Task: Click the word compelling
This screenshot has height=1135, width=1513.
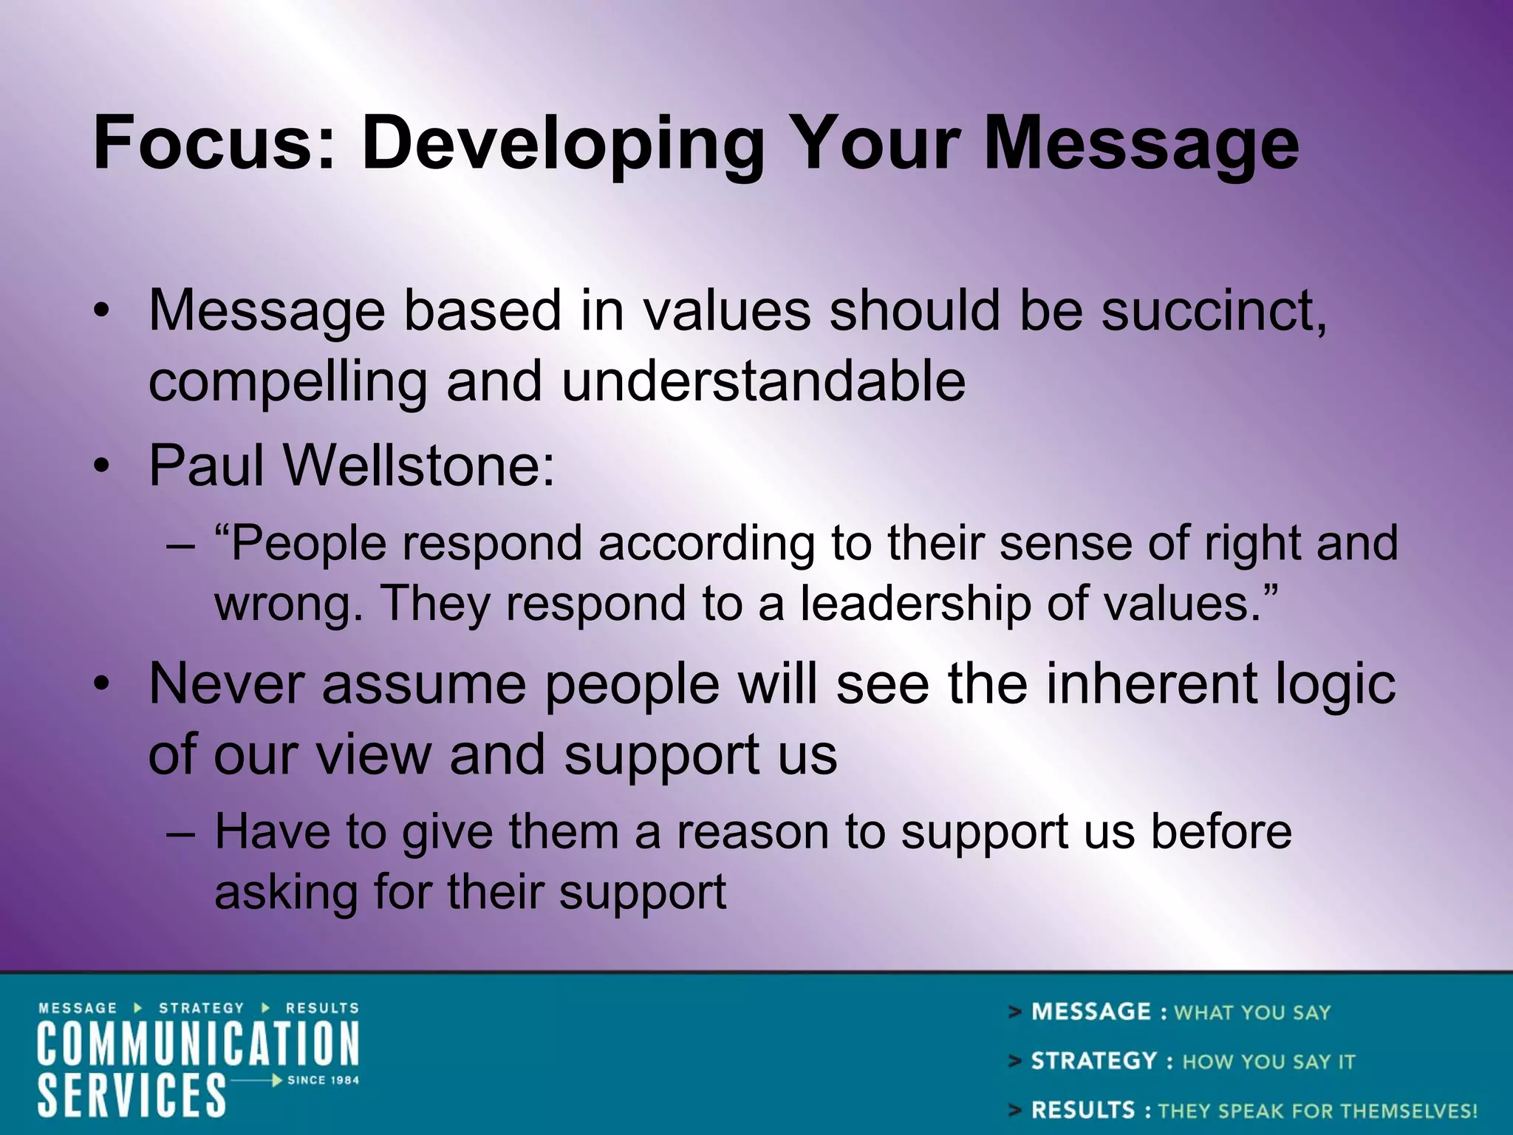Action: [287, 383]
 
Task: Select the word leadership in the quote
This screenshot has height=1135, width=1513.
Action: [915, 603]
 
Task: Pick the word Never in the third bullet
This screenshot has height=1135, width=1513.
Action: [226, 684]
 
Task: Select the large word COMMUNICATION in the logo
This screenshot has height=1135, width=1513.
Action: [198, 1043]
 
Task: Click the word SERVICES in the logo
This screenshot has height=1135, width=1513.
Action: [132, 1095]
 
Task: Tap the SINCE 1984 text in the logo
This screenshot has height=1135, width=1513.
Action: [323, 1080]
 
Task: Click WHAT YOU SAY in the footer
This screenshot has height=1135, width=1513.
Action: [1252, 1012]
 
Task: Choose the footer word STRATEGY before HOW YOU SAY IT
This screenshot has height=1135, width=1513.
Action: [1093, 1061]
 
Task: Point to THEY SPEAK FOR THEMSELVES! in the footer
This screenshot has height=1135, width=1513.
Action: [1317, 1111]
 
